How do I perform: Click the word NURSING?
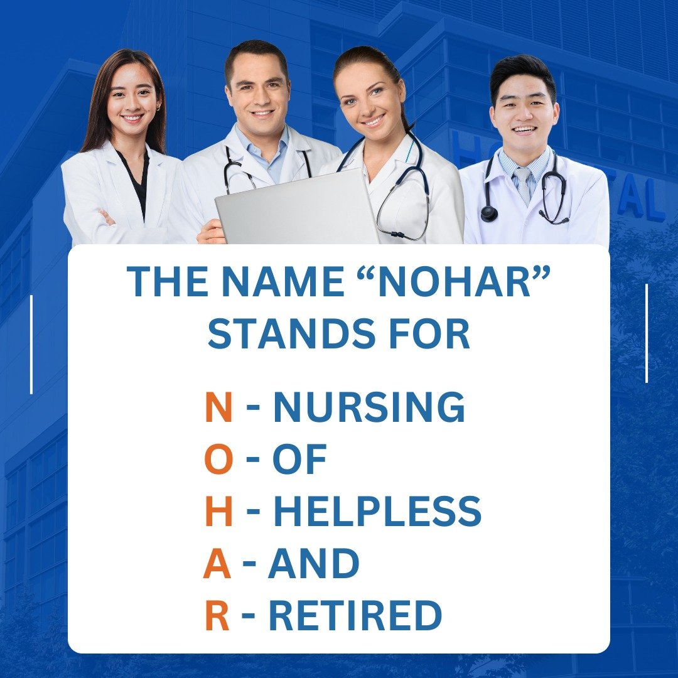point(369,408)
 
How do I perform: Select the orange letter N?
point(218,408)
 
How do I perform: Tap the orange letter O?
point(218,460)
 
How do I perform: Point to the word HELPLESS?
point(377,512)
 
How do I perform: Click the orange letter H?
point(218,512)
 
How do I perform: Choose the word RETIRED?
point(355,616)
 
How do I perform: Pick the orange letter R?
point(217,616)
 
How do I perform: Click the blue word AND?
point(313,564)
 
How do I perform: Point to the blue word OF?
point(299,460)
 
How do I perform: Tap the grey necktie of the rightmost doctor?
point(522,186)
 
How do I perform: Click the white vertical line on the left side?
point(31,345)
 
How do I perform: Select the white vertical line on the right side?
point(647,333)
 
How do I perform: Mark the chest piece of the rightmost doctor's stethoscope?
point(488,213)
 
